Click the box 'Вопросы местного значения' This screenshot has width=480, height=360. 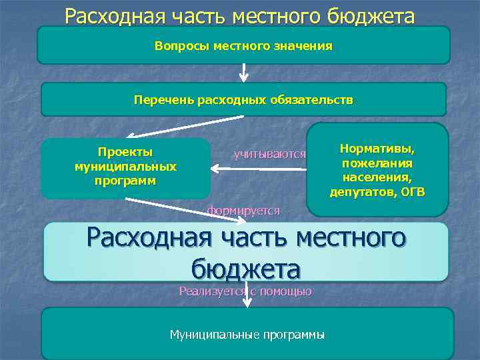(x=243, y=46)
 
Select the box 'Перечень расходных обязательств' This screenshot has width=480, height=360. (x=243, y=100)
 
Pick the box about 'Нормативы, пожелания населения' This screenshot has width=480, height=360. (x=377, y=169)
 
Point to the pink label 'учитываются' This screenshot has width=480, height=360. (x=269, y=155)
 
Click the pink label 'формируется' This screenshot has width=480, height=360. (x=243, y=211)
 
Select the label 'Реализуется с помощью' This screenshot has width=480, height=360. (x=245, y=291)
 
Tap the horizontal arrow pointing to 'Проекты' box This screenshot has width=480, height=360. (x=260, y=169)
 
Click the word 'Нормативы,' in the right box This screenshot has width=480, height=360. (x=377, y=147)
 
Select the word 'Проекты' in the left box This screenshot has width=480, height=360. (x=125, y=152)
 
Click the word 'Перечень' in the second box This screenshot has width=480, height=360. (x=163, y=100)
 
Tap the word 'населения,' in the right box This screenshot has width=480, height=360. (x=377, y=177)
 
